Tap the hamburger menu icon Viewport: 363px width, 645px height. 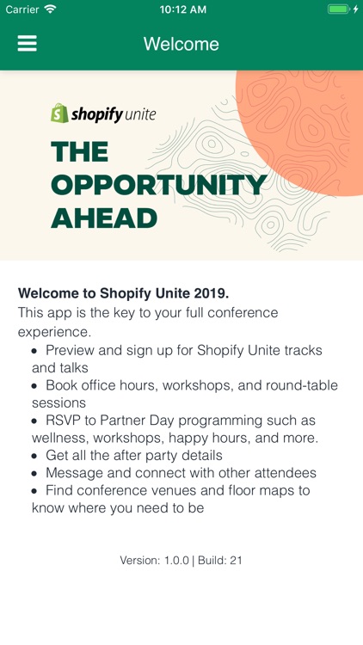[x=28, y=44]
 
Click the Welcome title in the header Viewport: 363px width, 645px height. [x=181, y=44]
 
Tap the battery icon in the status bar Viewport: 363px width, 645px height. [x=338, y=9]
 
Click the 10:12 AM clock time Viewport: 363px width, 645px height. [x=182, y=9]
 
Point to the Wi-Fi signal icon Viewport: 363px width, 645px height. [x=51, y=9]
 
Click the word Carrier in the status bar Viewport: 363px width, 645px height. [x=22, y=9]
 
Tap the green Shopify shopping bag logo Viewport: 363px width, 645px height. [x=59, y=114]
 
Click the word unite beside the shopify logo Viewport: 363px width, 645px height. [x=140, y=114]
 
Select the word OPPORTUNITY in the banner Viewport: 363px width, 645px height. [x=158, y=185]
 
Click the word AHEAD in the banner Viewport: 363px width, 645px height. [x=103, y=218]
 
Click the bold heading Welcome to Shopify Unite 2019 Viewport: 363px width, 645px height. [x=123, y=293]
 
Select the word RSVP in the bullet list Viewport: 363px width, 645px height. [x=64, y=421]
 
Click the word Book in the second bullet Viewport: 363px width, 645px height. [x=62, y=385]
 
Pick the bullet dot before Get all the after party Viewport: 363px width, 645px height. [x=34, y=456]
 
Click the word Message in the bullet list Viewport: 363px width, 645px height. [x=75, y=473]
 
